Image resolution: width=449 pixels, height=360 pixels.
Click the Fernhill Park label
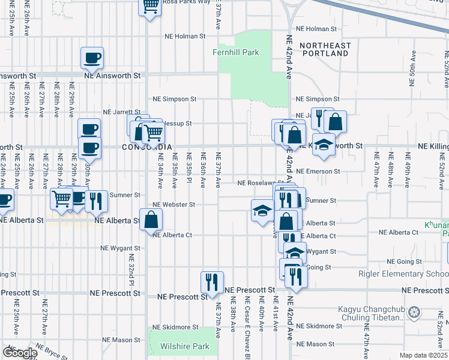pyautogui.click(x=236, y=52)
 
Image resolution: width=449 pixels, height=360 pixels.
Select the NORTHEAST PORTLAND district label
pyautogui.click(x=325, y=49)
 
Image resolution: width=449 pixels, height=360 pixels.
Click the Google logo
pyautogui.click(x=19, y=352)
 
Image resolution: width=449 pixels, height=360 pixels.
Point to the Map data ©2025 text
pyautogui.click(x=423, y=355)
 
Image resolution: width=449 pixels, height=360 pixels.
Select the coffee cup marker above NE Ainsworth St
pyautogui.click(x=92, y=58)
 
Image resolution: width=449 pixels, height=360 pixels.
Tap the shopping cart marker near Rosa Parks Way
pyautogui.click(x=150, y=7)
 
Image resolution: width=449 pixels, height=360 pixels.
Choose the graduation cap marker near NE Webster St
pyautogui.click(x=262, y=211)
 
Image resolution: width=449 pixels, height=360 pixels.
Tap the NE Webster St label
pyautogui.click(x=173, y=204)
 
